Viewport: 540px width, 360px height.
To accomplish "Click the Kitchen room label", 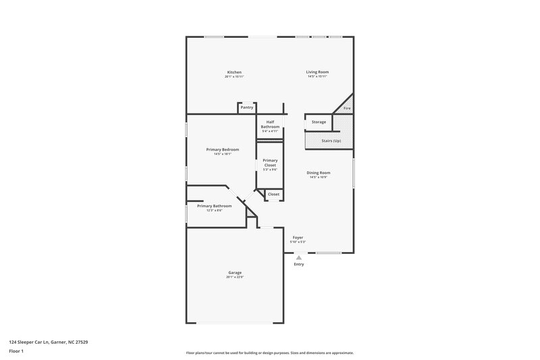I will tap(234, 72).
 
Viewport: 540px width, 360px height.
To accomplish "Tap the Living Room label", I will tap(317, 72).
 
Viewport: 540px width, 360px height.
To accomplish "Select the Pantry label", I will tap(247, 107).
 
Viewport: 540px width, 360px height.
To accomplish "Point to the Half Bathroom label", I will tap(270, 124).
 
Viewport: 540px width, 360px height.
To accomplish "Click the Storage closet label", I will tap(319, 122).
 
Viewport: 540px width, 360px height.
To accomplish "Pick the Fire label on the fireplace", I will tap(347, 108).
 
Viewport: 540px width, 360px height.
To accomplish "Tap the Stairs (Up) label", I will tap(331, 140).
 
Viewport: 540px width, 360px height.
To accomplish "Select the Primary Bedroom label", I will tap(223, 149).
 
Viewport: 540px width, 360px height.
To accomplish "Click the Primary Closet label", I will tap(270, 163).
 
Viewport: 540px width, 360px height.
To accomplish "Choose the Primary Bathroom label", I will tap(214, 205).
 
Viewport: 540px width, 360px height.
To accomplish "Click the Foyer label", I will tap(298, 238).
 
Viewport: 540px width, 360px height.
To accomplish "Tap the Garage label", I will tap(234, 272).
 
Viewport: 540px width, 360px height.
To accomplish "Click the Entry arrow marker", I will tap(299, 257).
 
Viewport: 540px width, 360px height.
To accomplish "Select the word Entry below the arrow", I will tap(299, 264).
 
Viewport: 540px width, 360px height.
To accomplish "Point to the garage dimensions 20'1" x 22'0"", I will tap(234, 277).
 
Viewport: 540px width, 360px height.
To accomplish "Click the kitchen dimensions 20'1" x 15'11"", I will tap(234, 77).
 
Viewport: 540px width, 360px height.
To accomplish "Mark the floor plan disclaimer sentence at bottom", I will tap(269, 353).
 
